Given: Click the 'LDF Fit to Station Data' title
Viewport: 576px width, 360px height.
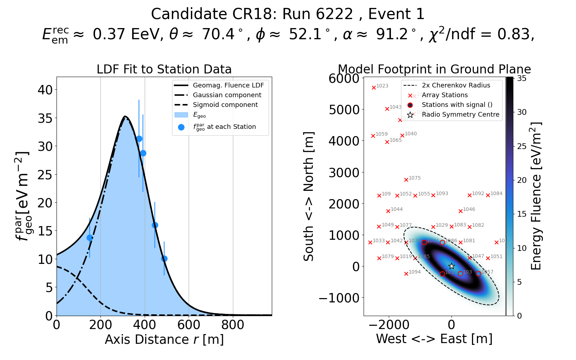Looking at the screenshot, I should coord(164,69).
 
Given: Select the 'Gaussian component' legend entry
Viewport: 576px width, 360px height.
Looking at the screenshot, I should coord(227,95).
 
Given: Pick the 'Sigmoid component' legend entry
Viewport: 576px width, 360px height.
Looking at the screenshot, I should coord(225,105).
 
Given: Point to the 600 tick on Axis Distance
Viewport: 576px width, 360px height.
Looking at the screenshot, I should coord(189,325).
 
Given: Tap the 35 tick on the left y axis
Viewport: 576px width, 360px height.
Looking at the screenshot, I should coord(45,118).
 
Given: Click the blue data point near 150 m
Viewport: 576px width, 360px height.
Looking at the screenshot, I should coord(90,238).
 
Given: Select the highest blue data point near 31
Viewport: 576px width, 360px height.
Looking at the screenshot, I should coord(139,139).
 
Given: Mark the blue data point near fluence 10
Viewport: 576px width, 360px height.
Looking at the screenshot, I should coord(164,258).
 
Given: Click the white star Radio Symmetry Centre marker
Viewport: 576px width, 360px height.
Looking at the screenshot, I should coord(451,266).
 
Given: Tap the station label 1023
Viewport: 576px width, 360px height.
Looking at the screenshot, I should coord(382,86).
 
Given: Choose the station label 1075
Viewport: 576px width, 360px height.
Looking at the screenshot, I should coord(415,178).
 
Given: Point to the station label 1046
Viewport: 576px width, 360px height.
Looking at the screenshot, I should coord(469,210).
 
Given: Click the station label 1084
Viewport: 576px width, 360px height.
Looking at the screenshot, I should coord(496,194).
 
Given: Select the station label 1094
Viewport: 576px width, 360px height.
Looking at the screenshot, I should coord(415,272).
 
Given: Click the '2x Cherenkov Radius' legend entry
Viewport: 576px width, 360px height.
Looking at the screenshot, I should coord(456,85).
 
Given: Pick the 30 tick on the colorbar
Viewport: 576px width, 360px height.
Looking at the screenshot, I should coord(522,112).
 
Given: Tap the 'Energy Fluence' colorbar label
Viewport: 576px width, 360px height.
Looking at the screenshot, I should coord(536,196).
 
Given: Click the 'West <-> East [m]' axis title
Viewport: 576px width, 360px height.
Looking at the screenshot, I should coord(434,339).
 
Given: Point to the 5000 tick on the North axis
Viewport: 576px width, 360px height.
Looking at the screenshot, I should coord(344,109).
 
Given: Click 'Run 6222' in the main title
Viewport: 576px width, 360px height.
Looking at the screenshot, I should coord(318,14).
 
